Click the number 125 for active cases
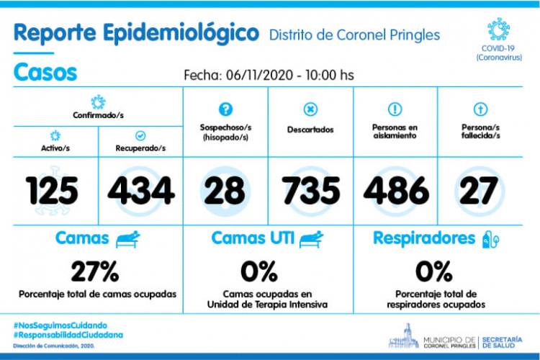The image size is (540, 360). pos(52,191)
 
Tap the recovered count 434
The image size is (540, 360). pos(141,191)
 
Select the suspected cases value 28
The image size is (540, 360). pos(225,191)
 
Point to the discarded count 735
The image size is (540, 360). pos(310,191)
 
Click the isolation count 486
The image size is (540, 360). pos(396,191)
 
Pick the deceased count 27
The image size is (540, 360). pos(479,191)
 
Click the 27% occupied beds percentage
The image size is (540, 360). pos(95,271)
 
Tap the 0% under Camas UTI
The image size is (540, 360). pos(259,271)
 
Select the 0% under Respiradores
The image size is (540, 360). pos(434,271)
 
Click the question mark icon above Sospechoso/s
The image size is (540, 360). pos(225,109)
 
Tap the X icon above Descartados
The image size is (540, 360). pos(310,109)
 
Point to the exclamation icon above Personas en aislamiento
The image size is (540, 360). pos(395,109)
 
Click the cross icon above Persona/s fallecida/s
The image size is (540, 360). pos(480,109)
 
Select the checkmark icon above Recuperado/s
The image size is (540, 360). pos(140,136)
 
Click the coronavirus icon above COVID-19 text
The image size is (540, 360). pos(499,30)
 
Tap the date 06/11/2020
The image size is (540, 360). pos(259,75)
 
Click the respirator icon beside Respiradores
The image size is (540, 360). pos(490,239)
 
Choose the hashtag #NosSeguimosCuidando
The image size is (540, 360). pos(60,325)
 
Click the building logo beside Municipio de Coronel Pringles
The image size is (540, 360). pos(404,336)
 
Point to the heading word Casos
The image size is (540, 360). pos(45,72)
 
